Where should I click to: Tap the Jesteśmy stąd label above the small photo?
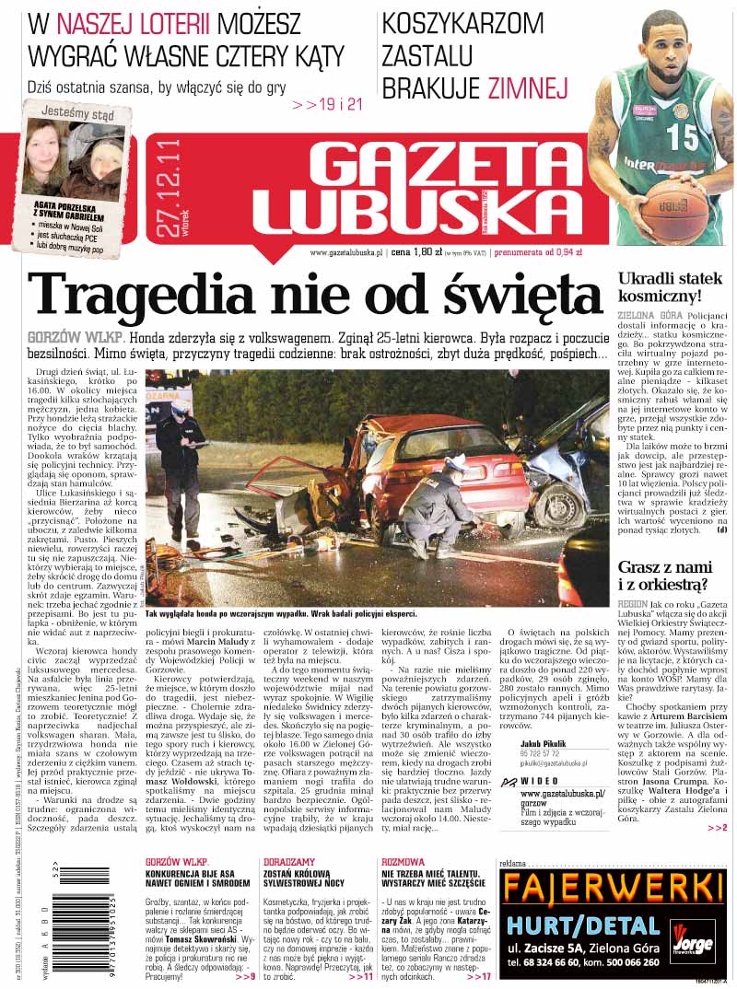point(78,115)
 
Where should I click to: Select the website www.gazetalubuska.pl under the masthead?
point(346,251)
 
